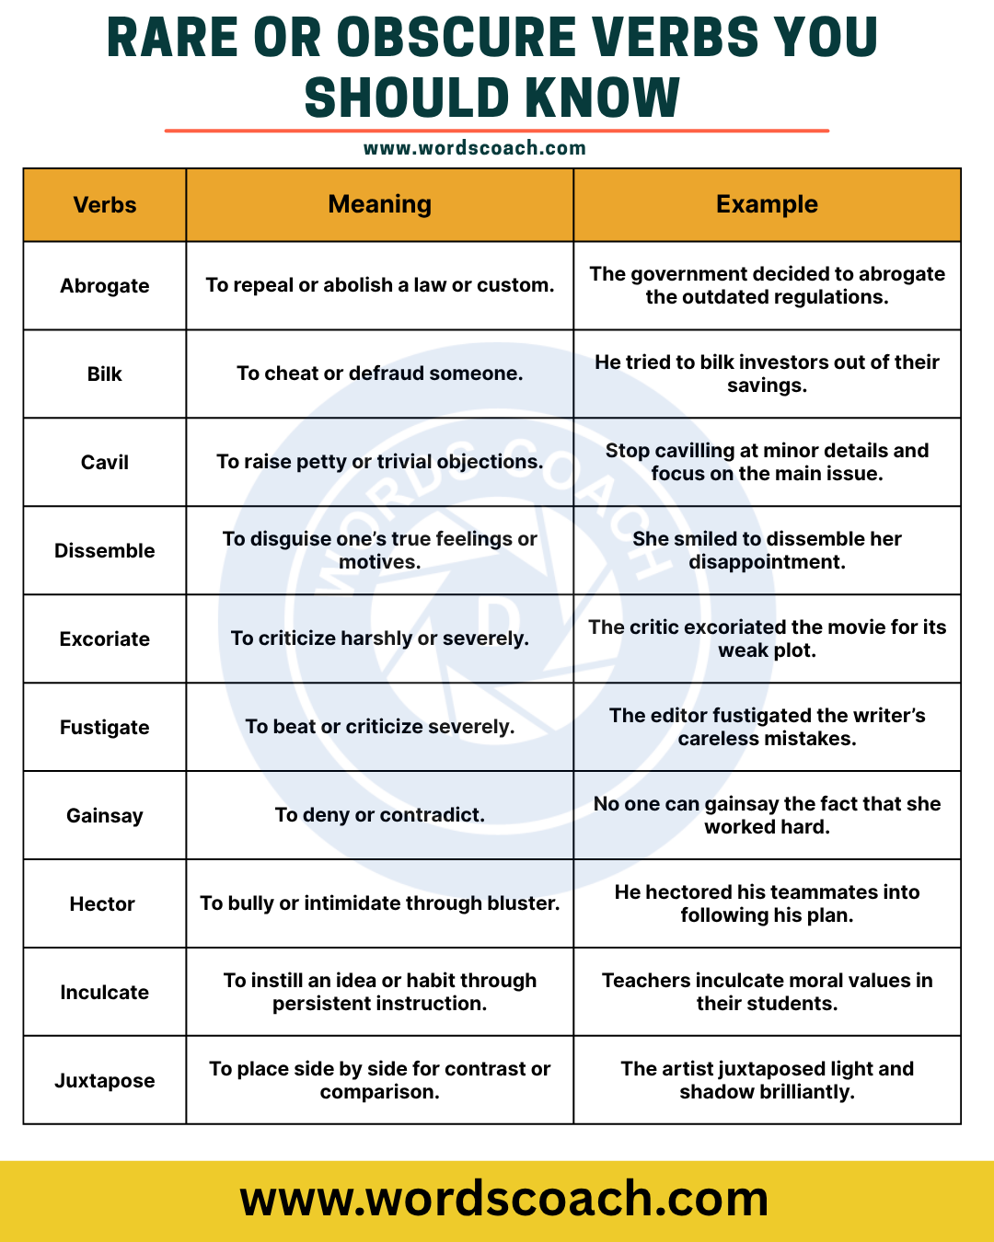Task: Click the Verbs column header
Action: point(105,205)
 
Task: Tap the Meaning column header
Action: point(379,204)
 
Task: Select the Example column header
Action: point(767,204)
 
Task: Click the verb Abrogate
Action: point(105,286)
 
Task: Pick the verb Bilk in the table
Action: point(105,374)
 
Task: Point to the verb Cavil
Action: point(105,463)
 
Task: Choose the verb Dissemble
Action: point(105,551)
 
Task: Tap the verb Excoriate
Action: point(105,639)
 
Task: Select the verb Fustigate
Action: point(105,728)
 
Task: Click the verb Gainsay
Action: point(105,816)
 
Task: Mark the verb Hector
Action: point(102,904)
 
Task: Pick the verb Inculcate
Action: point(105,993)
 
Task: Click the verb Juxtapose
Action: point(105,1081)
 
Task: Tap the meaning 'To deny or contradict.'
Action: point(379,815)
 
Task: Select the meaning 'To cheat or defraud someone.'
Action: point(379,374)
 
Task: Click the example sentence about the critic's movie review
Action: point(767,638)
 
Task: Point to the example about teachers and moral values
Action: point(767,992)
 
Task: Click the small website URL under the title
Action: point(475,148)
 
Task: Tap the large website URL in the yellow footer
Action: point(504,1199)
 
